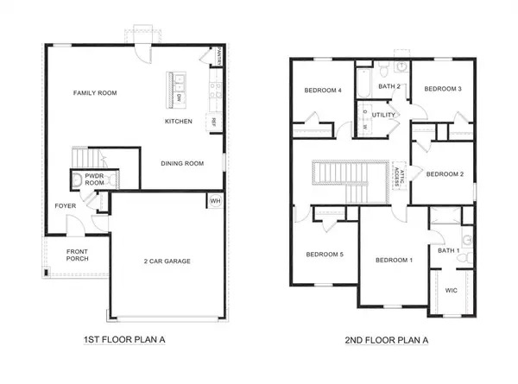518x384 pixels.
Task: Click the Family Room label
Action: pyautogui.click(x=95, y=93)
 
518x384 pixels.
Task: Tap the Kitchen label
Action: pyautogui.click(x=179, y=122)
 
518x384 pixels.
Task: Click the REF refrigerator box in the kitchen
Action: pyautogui.click(x=211, y=122)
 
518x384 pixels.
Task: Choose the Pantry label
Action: pyautogui.click(x=219, y=57)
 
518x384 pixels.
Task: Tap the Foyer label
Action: pyautogui.click(x=65, y=205)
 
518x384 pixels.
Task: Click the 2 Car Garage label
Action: pyautogui.click(x=167, y=261)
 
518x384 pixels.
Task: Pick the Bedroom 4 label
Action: pyautogui.click(x=323, y=90)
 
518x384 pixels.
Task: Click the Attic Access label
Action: pyautogui.click(x=398, y=174)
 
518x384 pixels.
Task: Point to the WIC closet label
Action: pyautogui.click(x=452, y=291)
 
